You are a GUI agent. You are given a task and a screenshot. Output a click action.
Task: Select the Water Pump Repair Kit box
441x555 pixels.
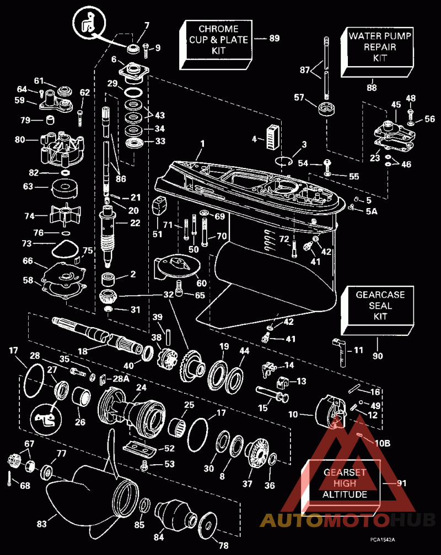tap(377, 52)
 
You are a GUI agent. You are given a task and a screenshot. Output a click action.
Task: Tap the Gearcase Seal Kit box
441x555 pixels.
tap(377, 311)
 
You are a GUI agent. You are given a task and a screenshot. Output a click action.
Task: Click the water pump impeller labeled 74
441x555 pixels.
tap(66, 215)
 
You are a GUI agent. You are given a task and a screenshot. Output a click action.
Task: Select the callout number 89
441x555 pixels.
tap(275, 38)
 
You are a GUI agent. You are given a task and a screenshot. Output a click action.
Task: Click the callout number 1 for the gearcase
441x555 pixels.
tap(202, 144)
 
